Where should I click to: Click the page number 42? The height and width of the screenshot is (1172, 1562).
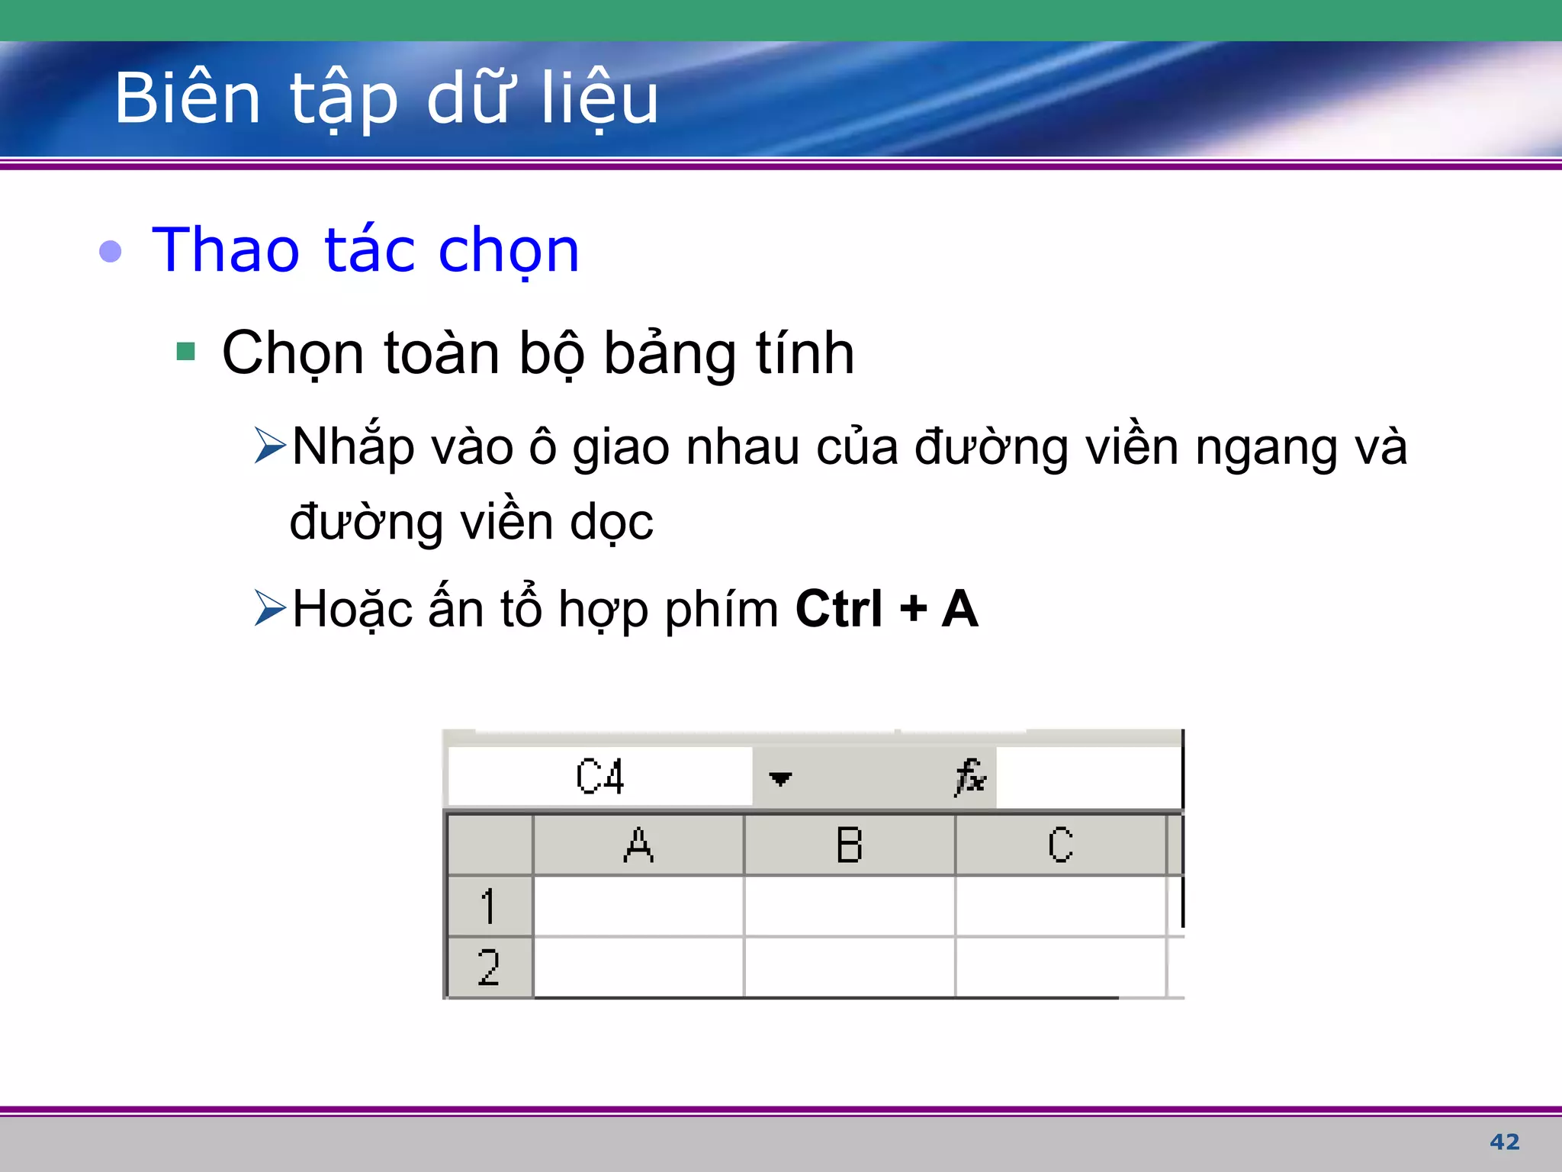pyautogui.click(x=1504, y=1141)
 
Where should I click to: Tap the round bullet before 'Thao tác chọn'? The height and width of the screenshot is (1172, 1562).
pyautogui.click(x=111, y=251)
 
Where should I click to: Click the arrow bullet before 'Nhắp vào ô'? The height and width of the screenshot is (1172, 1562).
pyautogui.click(x=270, y=446)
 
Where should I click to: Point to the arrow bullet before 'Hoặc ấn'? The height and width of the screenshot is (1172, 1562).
pyautogui.click(x=270, y=608)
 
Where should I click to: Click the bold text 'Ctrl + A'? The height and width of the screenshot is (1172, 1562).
pyautogui.click(x=886, y=609)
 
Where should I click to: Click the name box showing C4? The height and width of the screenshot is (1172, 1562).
pyautogui.click(x=600, y=777)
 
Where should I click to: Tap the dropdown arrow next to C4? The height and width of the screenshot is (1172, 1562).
pyautogui.click(x=780, y=778)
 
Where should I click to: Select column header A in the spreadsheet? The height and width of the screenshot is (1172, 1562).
pyautogui.click(x=638, y=845)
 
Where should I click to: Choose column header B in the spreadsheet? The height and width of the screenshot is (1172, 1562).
pyautogui.click(x=849, y=845)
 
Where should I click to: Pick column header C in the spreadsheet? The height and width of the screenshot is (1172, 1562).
pyautogui.click(x=1060, y=845)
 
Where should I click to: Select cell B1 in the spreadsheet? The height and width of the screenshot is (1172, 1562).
pyautogui.click(x=849, y=906)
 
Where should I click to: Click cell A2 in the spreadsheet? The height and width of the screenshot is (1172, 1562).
pyautogui.click(x=638, y=968)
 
